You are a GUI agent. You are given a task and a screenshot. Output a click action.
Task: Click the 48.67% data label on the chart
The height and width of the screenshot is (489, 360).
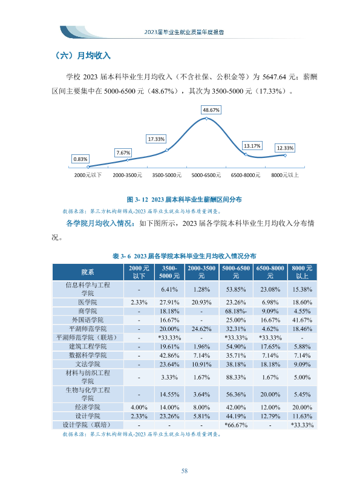point(211,110)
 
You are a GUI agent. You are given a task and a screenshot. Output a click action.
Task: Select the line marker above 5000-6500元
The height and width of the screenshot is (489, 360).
point(206,119)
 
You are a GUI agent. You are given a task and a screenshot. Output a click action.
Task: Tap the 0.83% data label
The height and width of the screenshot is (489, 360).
point(80,159)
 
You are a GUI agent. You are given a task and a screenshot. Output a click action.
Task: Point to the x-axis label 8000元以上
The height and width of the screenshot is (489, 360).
point(285,176)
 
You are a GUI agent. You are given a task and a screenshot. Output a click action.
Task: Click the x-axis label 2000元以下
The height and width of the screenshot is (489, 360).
point(88,176)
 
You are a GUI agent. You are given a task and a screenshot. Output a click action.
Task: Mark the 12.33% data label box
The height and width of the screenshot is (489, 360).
point(285,148)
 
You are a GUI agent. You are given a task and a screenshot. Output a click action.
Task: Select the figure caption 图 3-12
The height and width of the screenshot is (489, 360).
point(184,200)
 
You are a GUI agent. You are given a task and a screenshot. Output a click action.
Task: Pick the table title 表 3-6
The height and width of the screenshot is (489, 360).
point(184,257)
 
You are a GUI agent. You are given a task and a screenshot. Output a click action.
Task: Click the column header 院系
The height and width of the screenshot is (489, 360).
point(88,272)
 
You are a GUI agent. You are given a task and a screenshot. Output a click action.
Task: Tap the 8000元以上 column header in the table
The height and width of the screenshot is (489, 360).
point(302,272)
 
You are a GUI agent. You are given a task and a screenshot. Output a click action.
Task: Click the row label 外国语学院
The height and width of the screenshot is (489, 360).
point(88,320)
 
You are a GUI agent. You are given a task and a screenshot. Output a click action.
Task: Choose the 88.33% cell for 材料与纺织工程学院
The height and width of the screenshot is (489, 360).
point(236,378)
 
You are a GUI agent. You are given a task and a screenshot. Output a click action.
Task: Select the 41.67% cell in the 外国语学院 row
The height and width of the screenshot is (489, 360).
point(302,320)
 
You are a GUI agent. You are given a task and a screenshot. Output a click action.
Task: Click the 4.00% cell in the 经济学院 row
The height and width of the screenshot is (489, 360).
point(139,408)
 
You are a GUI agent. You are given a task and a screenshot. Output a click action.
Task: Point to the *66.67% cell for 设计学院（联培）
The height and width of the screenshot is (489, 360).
point(236,425)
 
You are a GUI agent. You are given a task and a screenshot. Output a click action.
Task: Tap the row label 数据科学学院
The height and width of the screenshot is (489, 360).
point(88,355)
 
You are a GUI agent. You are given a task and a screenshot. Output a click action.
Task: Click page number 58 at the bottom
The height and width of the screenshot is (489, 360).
point(185,471)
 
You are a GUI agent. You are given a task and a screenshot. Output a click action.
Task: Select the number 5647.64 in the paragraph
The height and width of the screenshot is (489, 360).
point(274,77)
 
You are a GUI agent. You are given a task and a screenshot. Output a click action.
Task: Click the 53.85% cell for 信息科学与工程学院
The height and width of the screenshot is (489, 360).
point(236,289)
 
